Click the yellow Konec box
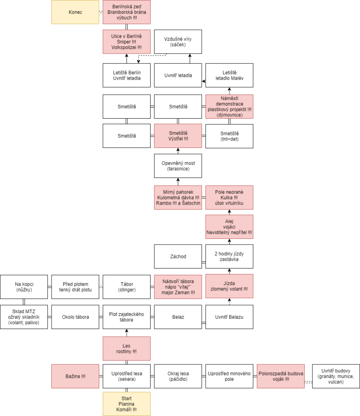[75, 12]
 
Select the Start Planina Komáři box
[127, 404]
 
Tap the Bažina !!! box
[75, 376]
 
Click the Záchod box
[178, 256]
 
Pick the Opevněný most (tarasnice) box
[178, 166]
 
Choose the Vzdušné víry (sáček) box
[178, 42]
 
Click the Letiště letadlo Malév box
[229, 75]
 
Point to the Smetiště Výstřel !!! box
[178, 136]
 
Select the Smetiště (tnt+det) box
[229, 136]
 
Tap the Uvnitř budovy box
[336, 376]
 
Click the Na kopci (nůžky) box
[24, 287]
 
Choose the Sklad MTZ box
[24, 317]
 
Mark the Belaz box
[178, 317]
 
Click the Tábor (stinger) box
[127, 287]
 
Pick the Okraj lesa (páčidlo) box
[178, 376]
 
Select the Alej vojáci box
[229, 227]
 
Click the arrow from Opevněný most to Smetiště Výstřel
[178, 151]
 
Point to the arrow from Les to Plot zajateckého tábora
[127, 333]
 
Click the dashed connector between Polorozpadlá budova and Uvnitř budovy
[308, 382]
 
